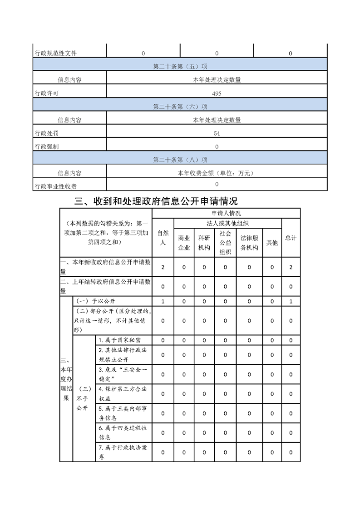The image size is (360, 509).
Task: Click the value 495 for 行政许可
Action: click(217, 93)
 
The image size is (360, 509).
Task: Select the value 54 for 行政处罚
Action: click(217, 133)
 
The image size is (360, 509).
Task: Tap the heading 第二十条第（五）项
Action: click(180, 67)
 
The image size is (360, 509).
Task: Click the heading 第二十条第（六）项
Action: click(180, 107)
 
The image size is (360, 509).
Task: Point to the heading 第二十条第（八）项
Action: click(180, 160)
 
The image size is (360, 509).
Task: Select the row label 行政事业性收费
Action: click(56, 186)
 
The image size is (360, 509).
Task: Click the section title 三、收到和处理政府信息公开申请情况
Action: click(156, 201)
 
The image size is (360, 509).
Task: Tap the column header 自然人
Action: click(163, 238)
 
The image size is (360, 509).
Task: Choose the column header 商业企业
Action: click(184, 243)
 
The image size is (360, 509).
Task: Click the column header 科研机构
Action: click(204, 243)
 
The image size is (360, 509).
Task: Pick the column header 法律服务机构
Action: click(249, 243)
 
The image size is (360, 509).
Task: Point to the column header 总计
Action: click(291, 238)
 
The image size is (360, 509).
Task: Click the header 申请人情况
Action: click(226, 213)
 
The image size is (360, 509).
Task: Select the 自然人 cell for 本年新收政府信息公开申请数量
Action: click(163, 267)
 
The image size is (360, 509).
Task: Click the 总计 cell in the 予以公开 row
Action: click(291, 301)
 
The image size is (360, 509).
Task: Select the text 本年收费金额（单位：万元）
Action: click(217, 173)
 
